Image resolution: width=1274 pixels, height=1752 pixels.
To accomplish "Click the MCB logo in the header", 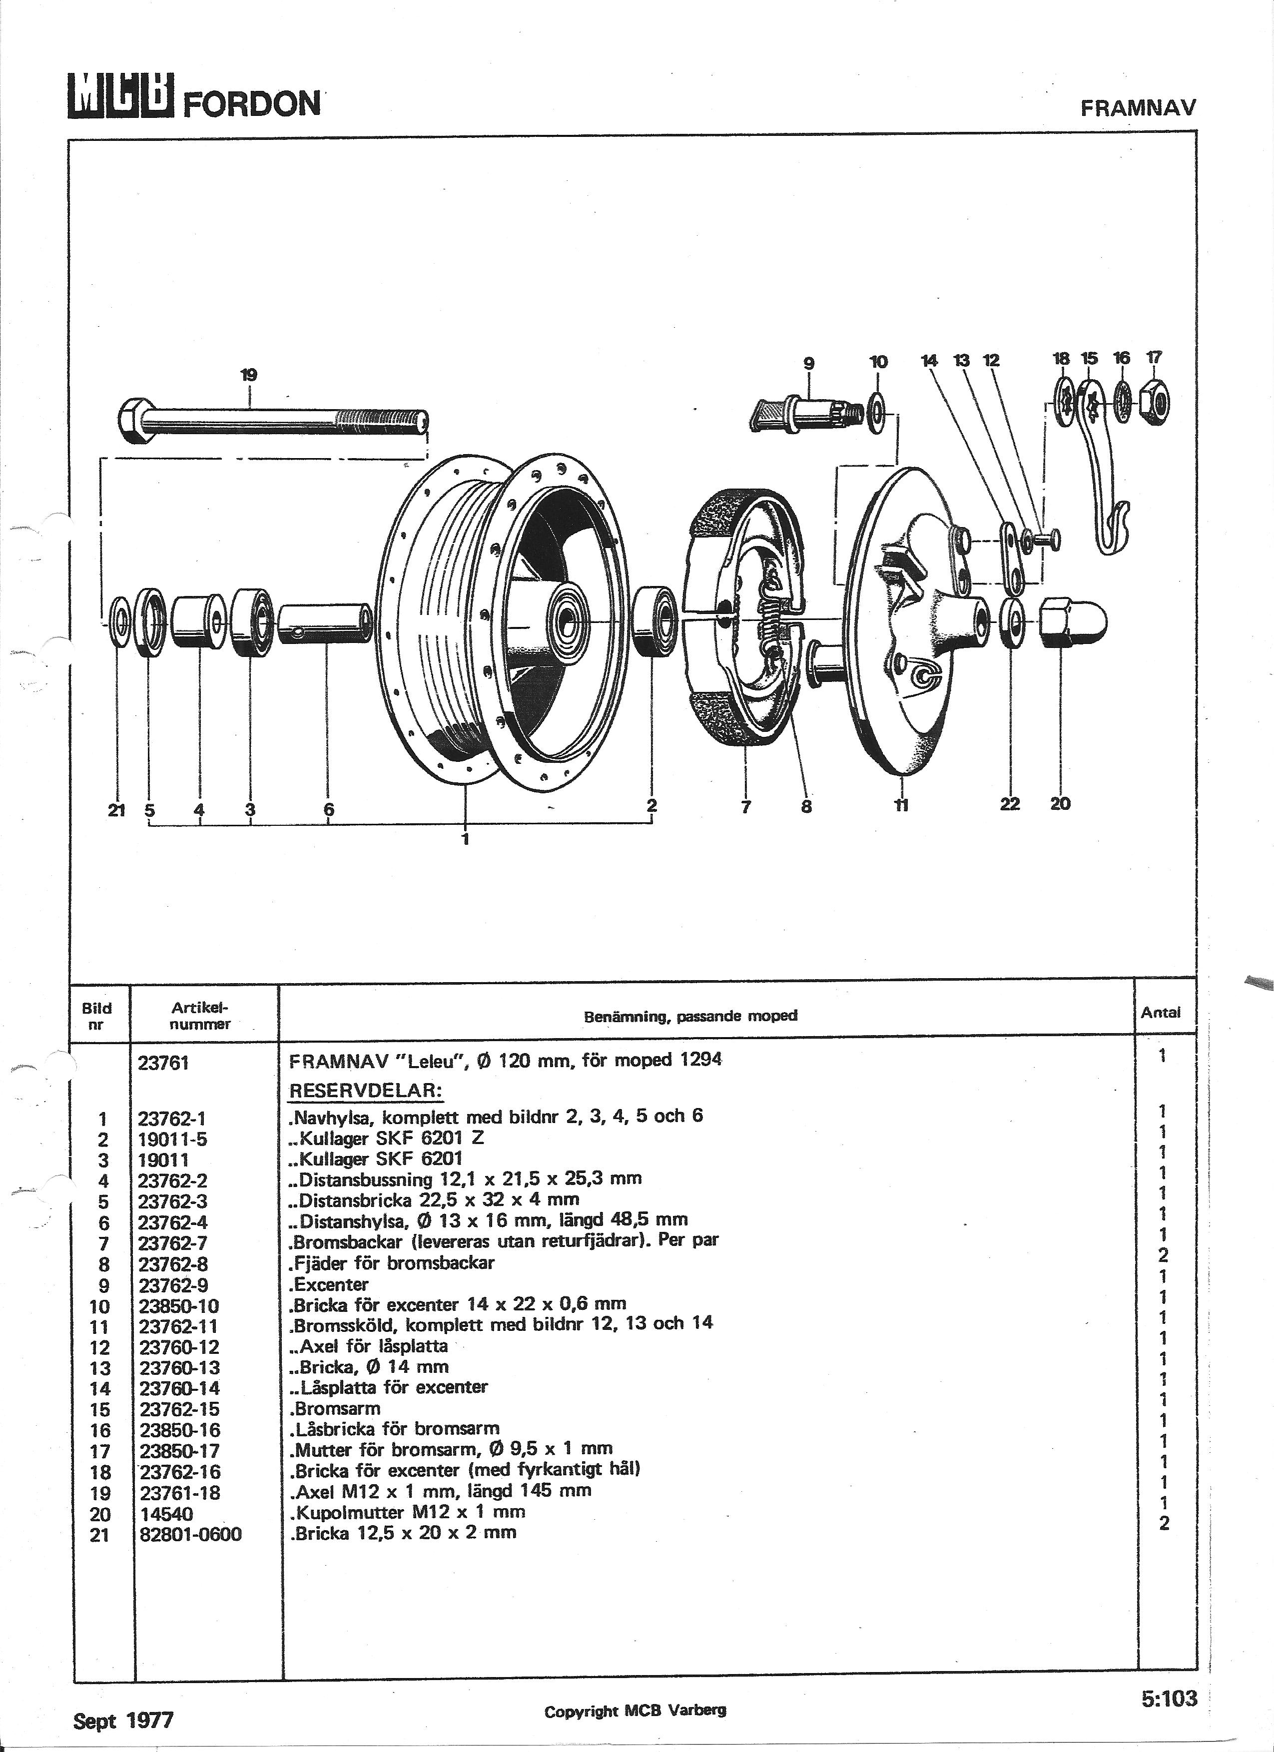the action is pyautogui.click(x=120, y=97).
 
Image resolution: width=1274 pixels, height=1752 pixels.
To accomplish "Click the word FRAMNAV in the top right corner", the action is pyautogui.click(x=1138, y=108).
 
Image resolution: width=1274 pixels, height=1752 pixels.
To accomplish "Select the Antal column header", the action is pyautogui.click(x=1161, y=1013).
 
